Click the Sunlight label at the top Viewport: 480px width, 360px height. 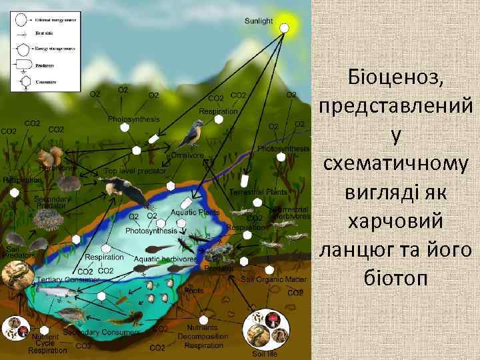coord(259,21)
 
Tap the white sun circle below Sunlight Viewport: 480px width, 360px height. coord(284,28)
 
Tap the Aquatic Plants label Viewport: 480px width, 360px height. coord(195,212)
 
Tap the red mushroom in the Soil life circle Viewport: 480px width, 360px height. coord(273,319)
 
